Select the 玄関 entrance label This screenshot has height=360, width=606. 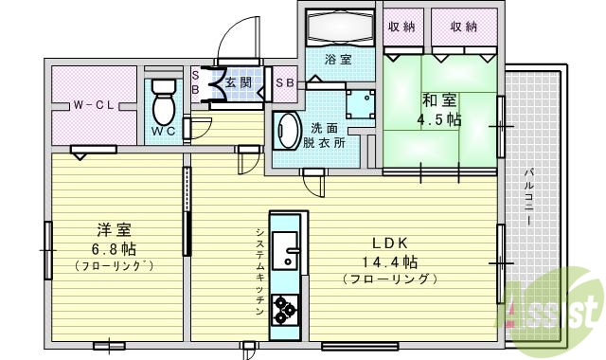pyautogui.click(x=240, y=82)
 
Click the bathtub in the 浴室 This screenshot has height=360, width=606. pyautogui.click(x=342, y=26)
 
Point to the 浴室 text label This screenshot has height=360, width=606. pyautogui.click(x=337, y=60)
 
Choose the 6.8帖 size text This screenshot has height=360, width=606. pyautogui.click(x=114, y=248)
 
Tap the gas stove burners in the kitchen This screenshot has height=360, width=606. pyautogui.click(x=284, y=308)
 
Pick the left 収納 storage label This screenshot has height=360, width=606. pyautogui.click(x=402, y=27)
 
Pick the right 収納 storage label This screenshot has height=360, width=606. pyautogui.click(x=464, y=27)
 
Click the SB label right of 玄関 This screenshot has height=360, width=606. pyautogui.click(x=284, y=82)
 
